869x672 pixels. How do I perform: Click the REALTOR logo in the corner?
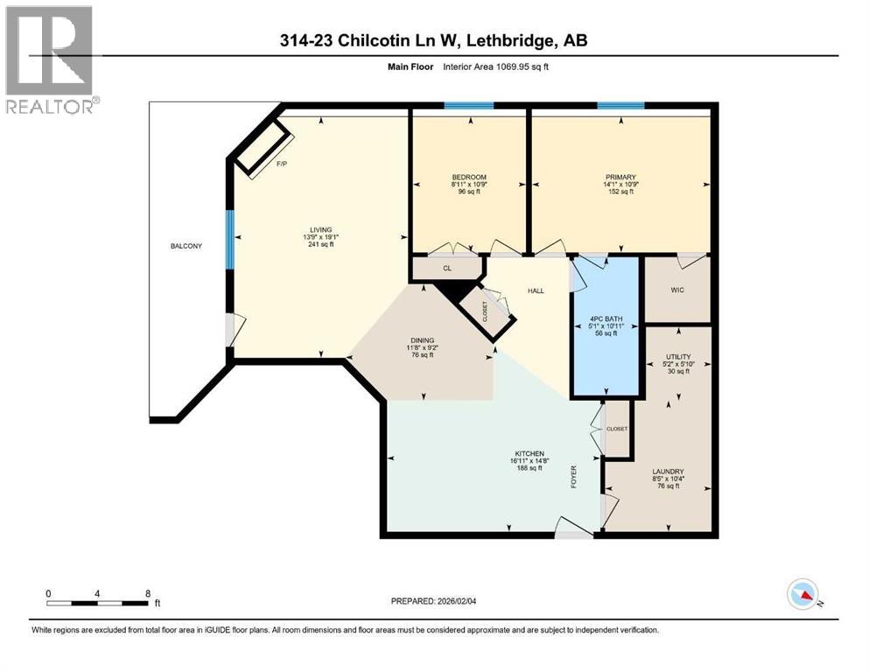(50, 59)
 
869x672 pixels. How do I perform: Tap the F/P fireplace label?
(281, 164)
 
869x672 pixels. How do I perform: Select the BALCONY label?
(186, 246)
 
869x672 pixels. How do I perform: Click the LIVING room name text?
(319, 229)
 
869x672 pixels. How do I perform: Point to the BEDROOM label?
(469, 178)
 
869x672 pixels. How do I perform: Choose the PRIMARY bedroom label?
(619, 178)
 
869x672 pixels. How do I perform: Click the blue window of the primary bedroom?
(621, 106)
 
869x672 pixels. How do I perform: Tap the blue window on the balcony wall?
(229, 239)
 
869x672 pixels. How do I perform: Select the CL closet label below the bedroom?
(446, 269)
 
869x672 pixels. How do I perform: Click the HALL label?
(536, 290)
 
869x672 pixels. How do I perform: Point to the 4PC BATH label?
(606, 318)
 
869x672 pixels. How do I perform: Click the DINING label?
(423, 340)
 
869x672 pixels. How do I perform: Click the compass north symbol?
(802, 594)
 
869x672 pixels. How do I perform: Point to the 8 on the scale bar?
(146, 592)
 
